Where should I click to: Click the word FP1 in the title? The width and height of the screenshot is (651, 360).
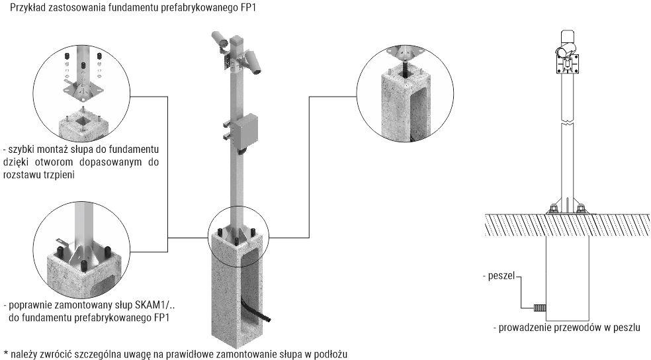pos(247,8)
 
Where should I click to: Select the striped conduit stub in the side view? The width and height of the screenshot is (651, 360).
pos(539,307)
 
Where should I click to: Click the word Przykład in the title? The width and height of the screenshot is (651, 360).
pos(21,8)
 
